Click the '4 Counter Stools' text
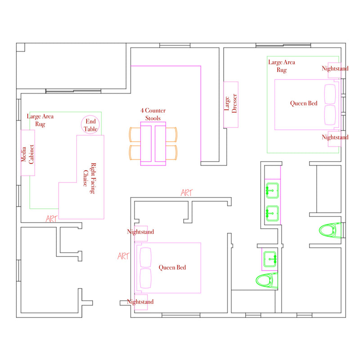153,114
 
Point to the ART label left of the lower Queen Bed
123,256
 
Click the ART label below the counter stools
187,193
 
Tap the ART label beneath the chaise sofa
51,219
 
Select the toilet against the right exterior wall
330,230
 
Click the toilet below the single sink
267,280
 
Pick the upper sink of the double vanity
272,190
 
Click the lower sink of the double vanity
272,213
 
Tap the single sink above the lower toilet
270,259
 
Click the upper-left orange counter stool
135,135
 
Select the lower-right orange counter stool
171,153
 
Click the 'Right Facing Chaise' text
89,178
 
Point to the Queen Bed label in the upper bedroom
303,103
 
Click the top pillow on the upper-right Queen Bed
330,94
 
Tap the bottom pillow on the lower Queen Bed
145,278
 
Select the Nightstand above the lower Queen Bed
141,234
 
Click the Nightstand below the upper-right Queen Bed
334,139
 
